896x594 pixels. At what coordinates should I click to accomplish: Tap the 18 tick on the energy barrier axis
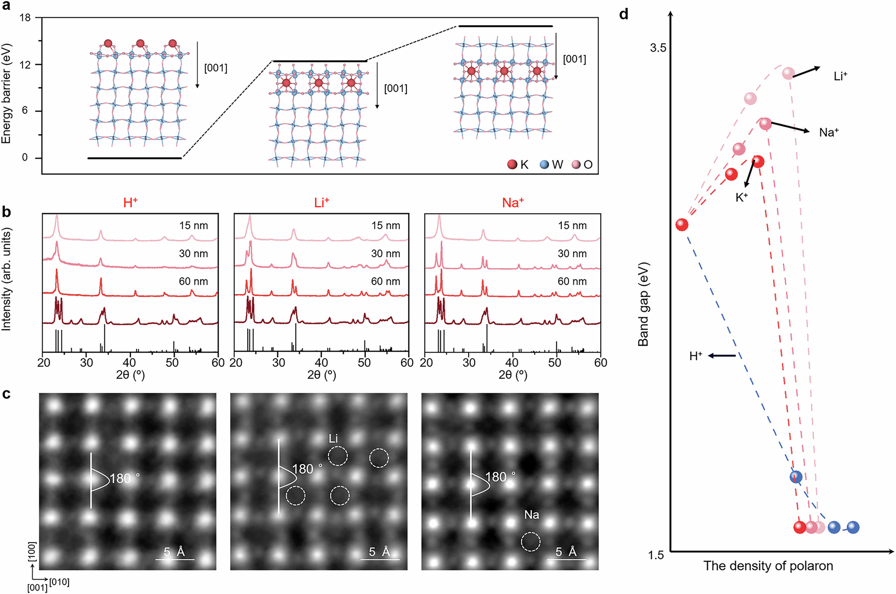pos(25,17)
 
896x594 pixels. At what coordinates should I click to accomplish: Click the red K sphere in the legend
pos(512,164)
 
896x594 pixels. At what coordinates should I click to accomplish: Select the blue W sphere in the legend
pos(544,164)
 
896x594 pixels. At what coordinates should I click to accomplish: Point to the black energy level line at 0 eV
pos(134,158)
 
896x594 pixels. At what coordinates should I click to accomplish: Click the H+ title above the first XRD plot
pos(130,203)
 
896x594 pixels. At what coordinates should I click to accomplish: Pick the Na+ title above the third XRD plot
pos(513,203)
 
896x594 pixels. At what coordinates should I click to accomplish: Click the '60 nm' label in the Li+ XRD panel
pos(385,281)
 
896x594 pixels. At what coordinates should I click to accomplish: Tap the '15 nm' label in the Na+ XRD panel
pos(572,225)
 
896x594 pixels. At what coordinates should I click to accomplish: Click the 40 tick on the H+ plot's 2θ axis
pos(129,363)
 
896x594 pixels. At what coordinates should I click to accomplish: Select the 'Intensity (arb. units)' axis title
pos(6,279)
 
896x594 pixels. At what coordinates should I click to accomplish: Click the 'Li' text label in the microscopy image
pos(333,439)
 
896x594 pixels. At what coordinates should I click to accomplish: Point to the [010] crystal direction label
pos(59,582)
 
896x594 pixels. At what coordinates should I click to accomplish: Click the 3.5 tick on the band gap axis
pos(658,48)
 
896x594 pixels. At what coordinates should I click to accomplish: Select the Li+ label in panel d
pos(840,76)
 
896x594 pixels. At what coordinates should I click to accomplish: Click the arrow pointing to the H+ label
pos(722,356)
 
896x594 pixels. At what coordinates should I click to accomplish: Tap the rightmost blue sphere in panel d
pos(853,527)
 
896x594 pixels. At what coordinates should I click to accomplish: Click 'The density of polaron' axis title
pos(768,566)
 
